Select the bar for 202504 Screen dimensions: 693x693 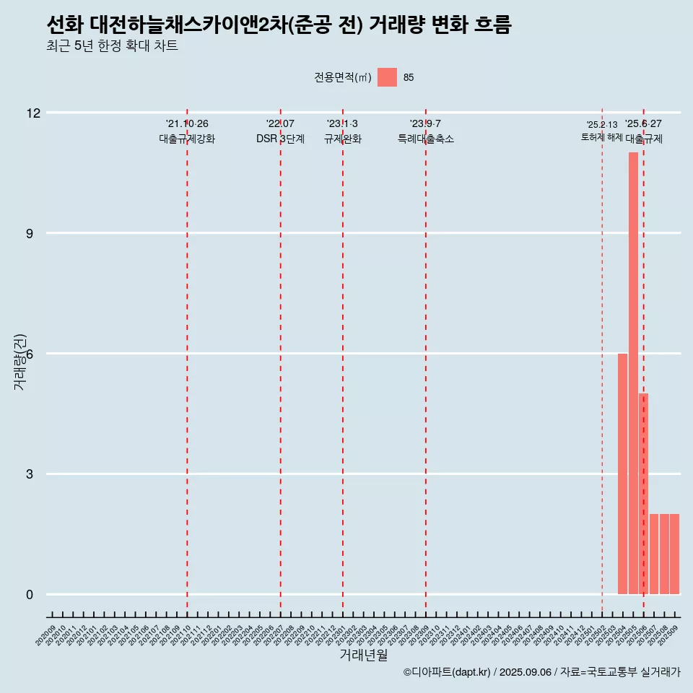tap(622, 474)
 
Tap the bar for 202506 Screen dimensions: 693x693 tap(643, 494)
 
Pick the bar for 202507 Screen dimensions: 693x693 tap(654, 554)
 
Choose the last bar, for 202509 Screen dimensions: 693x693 tap(674, 554)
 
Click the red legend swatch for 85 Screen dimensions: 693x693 tap(387, 77)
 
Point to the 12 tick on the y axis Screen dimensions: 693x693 tap(33, 113)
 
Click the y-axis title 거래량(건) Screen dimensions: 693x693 tap(20, 362)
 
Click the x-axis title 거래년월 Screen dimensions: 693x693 tap(363, 655)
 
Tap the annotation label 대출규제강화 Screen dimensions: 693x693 tap(187, 139)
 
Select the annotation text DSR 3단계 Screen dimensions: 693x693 tap(280, 139)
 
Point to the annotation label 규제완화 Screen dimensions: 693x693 tap(342, 139)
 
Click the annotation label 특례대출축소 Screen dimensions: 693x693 tap(425, 139)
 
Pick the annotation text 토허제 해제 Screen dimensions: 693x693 tap(601, 137)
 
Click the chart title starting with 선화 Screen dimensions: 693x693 tap(278, 25)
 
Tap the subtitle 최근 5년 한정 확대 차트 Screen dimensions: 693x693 tap(112, 46)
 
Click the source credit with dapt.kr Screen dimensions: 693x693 tap(541, 672)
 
